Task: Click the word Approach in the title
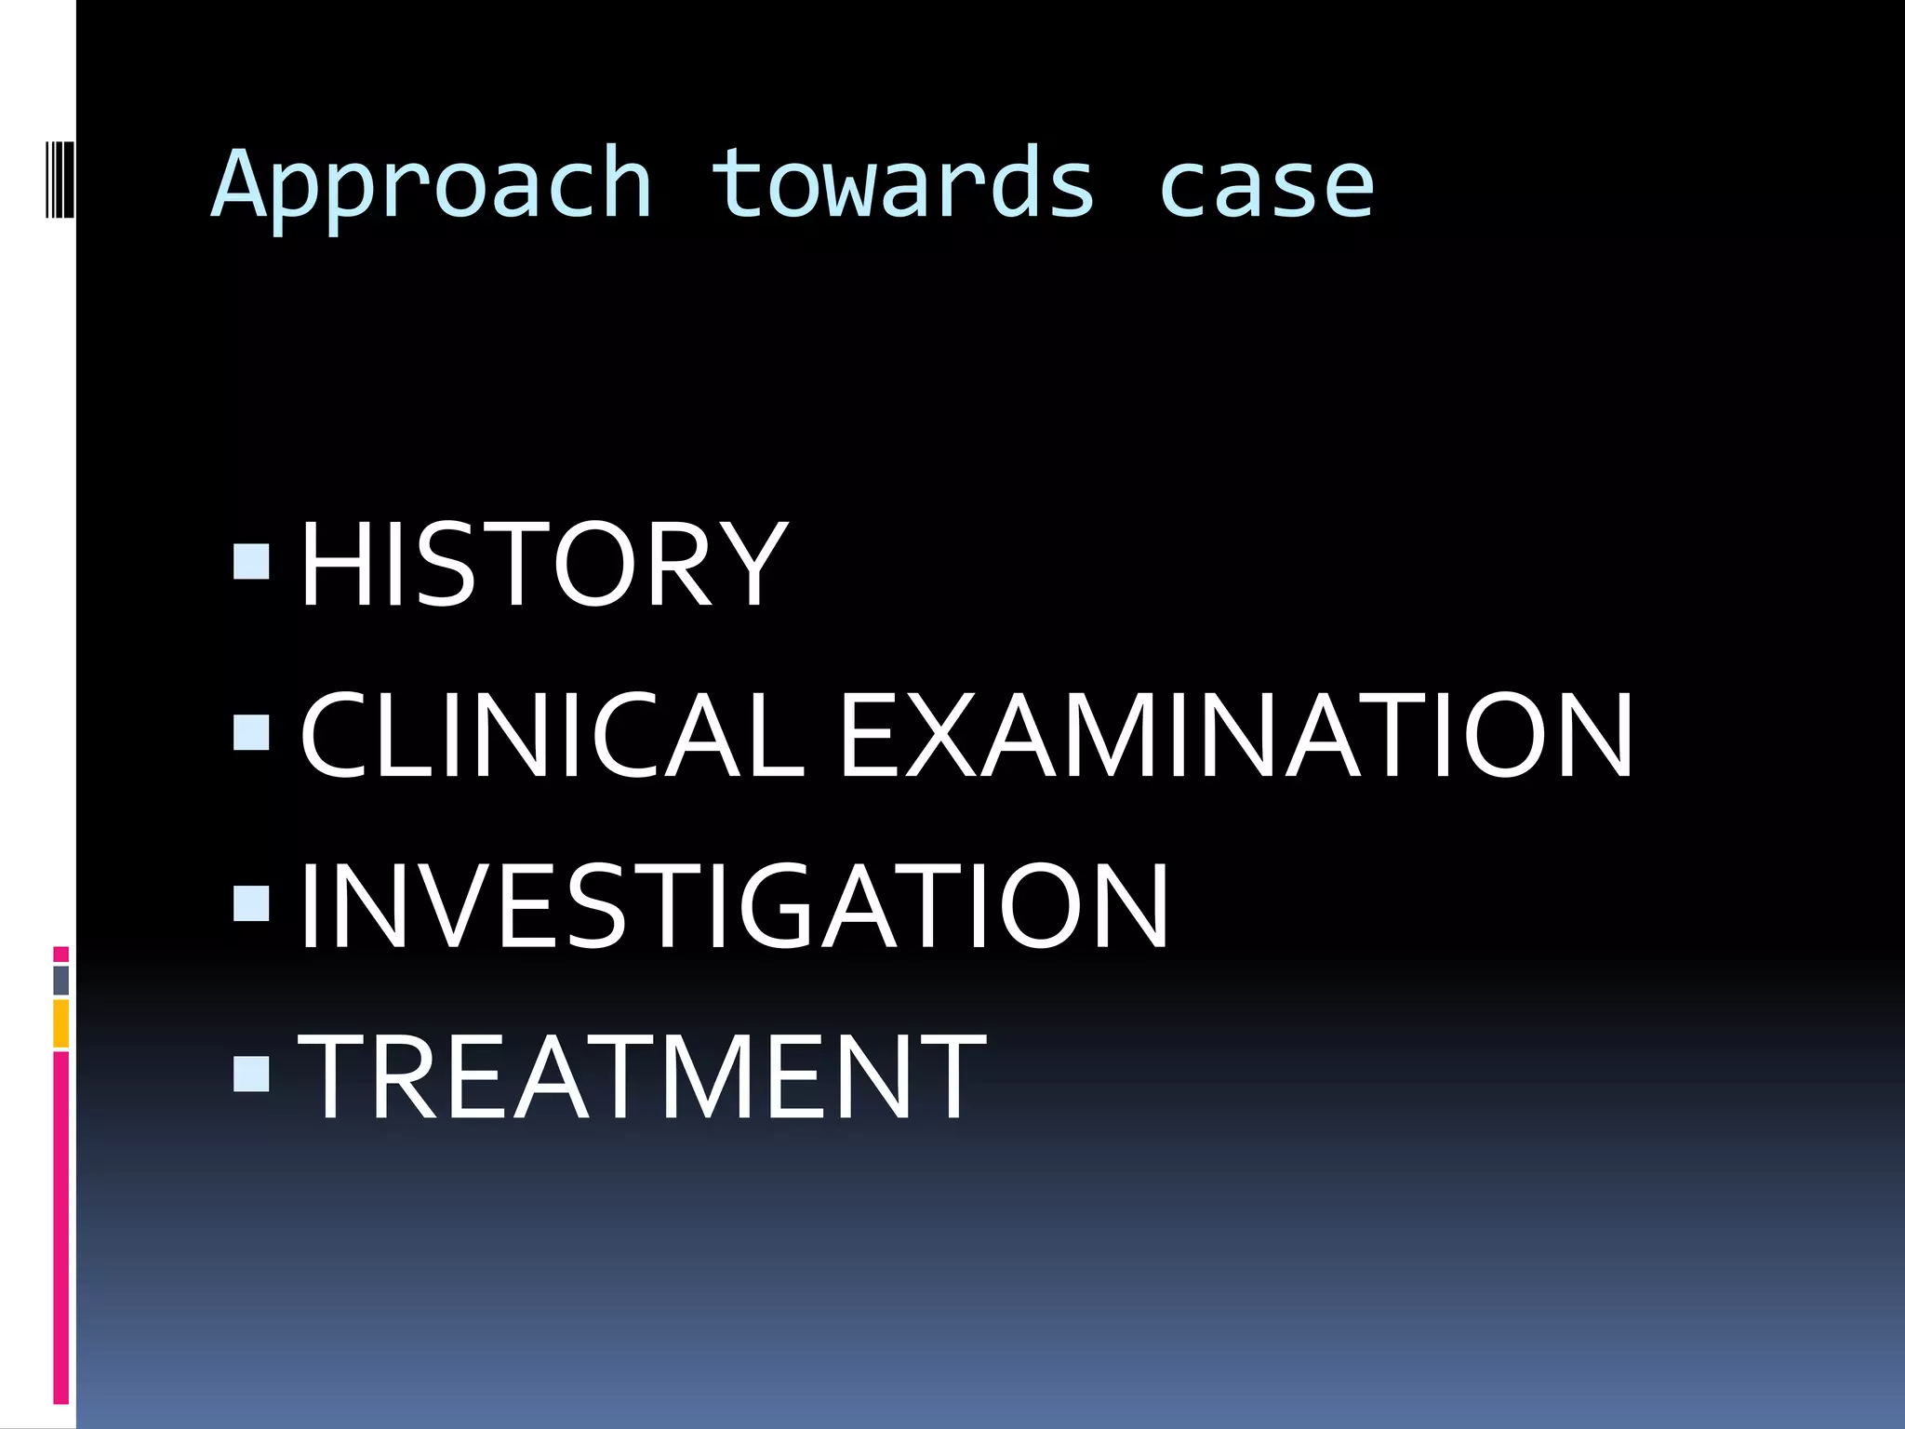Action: pos(432,186)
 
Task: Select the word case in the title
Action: pos(1266,186)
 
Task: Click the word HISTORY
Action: pos(543,564)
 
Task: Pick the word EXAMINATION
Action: pos(1236,735)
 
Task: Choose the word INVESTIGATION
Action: pos(733,906)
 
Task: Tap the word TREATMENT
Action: pos(642,1077)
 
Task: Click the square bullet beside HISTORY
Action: pos(251,562)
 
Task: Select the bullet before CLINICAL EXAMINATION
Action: pos(251,732)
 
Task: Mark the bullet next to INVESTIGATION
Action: pos(251,902)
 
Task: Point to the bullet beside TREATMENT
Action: pos(251,1074)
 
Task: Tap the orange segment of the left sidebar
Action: pos(60,1023)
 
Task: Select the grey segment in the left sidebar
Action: pos(60,981)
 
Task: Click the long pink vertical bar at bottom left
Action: pos(60,1228)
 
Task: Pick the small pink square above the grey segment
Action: pos(60,955)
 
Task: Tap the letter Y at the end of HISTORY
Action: pos(754,564)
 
